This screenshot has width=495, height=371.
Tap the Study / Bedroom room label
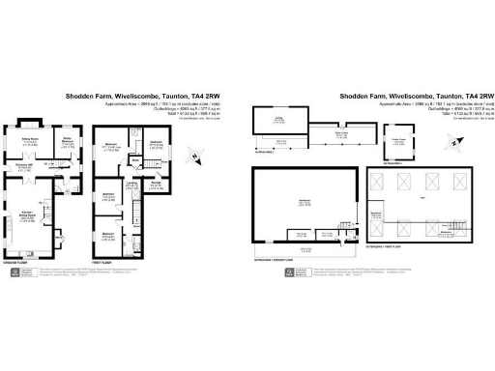coord(69,141)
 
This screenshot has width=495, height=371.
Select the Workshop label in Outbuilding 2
coord(305,201)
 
